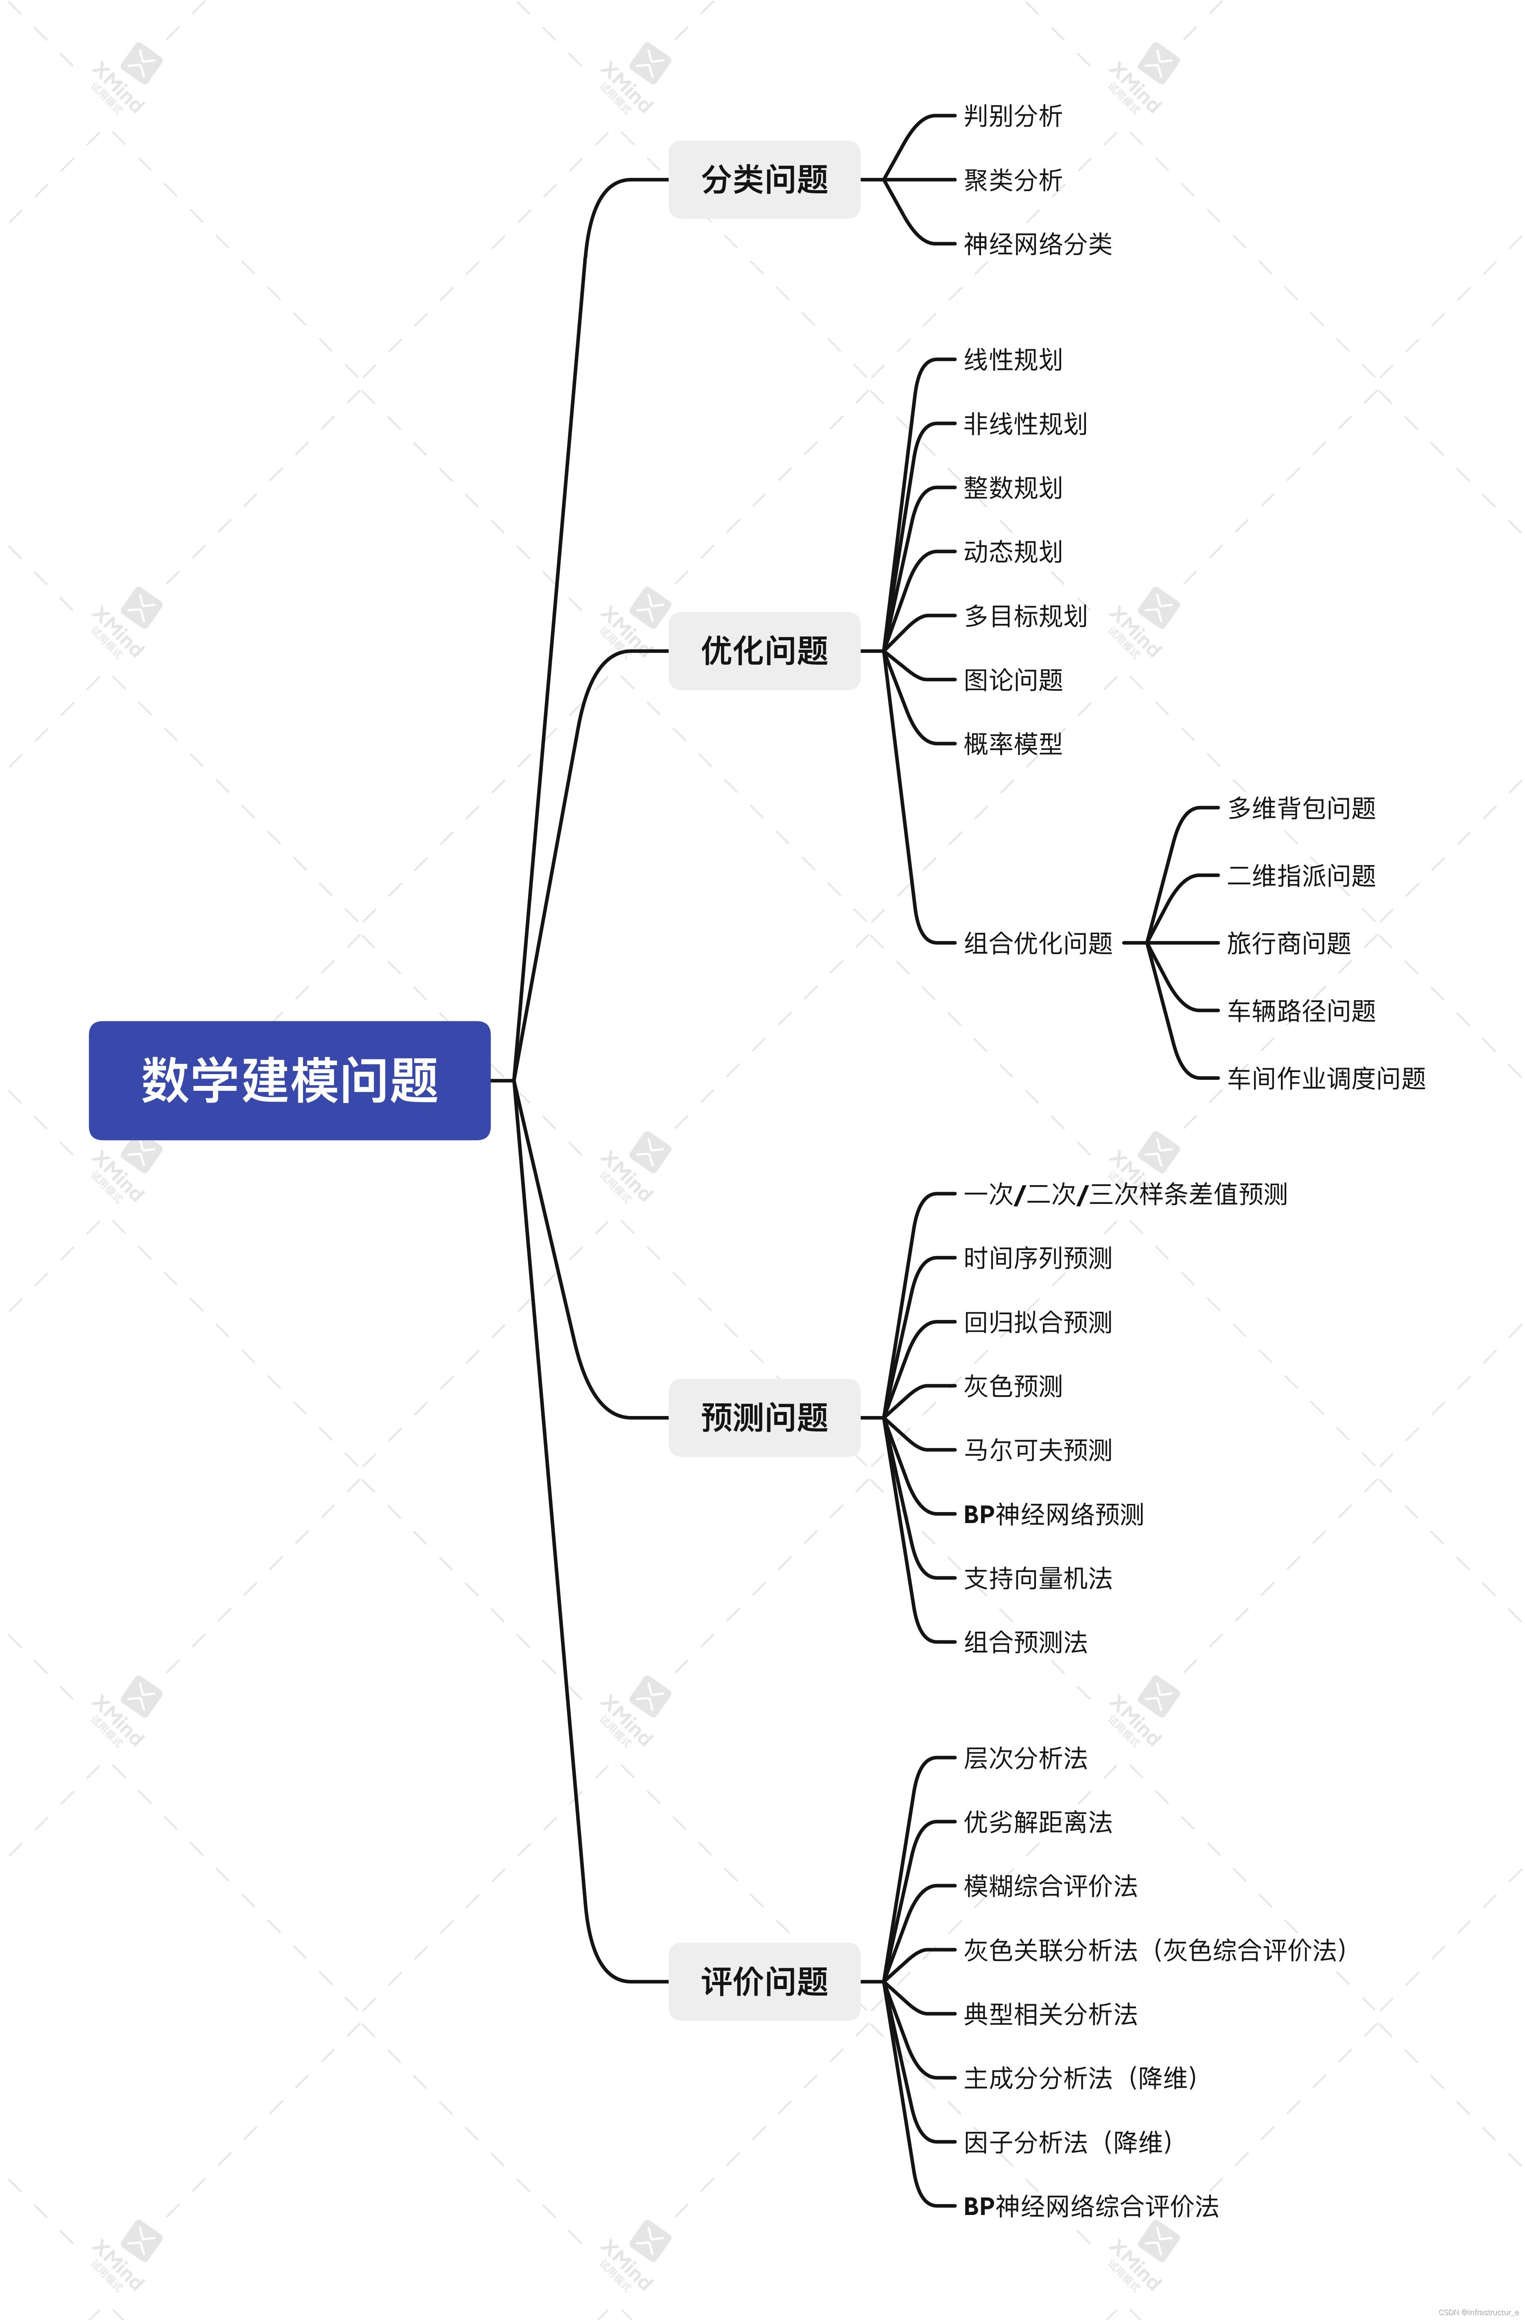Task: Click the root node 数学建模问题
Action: point(289,1080)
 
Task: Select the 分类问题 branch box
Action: point(764,179)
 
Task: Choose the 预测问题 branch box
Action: point(764,1417)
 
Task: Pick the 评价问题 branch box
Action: point(764,1981)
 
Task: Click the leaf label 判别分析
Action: point(1012,116)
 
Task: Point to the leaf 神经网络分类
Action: point(1037,244)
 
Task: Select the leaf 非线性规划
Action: point(1025,424)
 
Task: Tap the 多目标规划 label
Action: point(1025,616)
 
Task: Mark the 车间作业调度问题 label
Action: point(1325,1078)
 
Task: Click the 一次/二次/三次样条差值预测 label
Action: point(1125,1194)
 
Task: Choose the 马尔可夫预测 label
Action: point(1037,1451)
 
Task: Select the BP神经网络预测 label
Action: point(1052,1514)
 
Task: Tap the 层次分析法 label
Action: point(1025,1758)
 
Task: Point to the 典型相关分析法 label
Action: point(1049,2014)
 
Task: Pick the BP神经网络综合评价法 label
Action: point(1090,2206)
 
